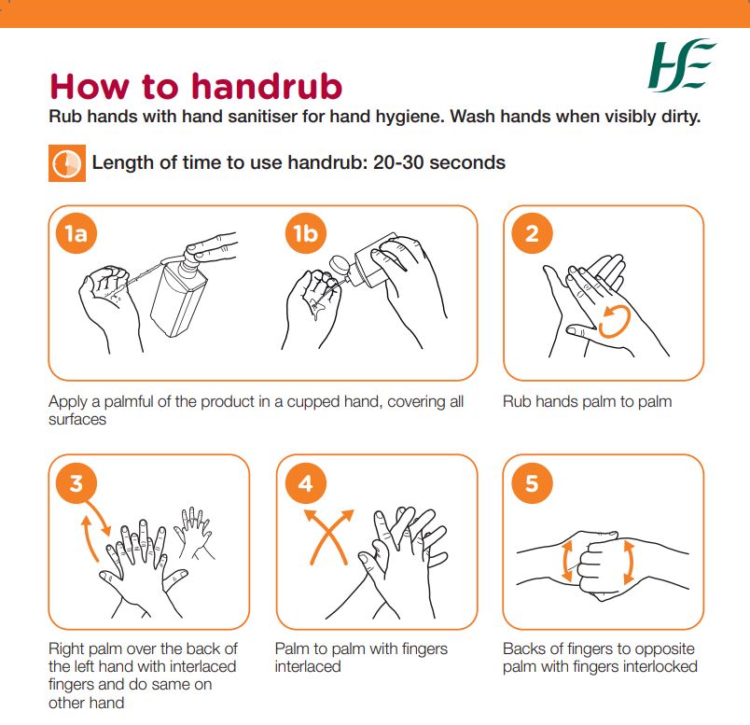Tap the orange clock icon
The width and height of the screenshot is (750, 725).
click(x=65, y=163)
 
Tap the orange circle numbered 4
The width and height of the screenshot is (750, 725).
click(x=305, y=483)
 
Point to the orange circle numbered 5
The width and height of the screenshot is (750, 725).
click(x=532, y=483)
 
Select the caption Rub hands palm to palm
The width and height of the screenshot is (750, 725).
click(x=587, y=402)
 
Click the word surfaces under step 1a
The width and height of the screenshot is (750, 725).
click(x=77, y=419)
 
